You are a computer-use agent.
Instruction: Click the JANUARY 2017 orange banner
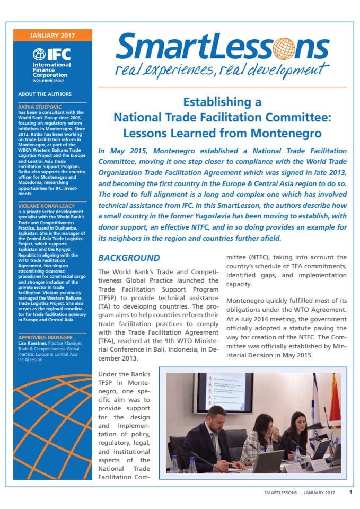[52, 36]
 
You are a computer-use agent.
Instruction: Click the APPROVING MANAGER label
[45, 337]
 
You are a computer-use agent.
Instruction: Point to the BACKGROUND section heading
[129, 258]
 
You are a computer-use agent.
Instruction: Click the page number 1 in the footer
[350, 492]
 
